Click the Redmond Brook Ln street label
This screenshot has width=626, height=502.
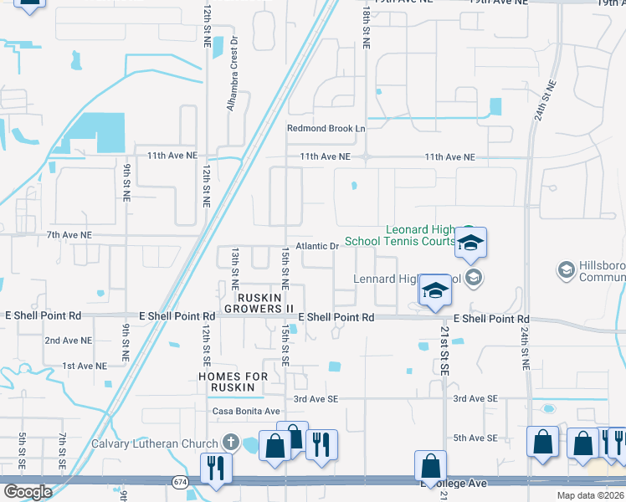point(326,128)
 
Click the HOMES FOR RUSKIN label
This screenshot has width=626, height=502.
point(233,382)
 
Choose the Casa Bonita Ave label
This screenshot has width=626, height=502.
point(245,412)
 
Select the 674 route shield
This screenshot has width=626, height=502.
point(180,482)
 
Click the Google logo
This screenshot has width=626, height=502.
point(28,491)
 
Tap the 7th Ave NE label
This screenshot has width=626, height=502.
point(69,236)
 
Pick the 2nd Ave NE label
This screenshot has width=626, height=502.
point(68,341)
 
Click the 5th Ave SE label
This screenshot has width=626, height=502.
point(475,438)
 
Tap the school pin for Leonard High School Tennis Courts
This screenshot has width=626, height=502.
point(470,243)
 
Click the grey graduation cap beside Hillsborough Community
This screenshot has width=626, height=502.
point(566,270)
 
